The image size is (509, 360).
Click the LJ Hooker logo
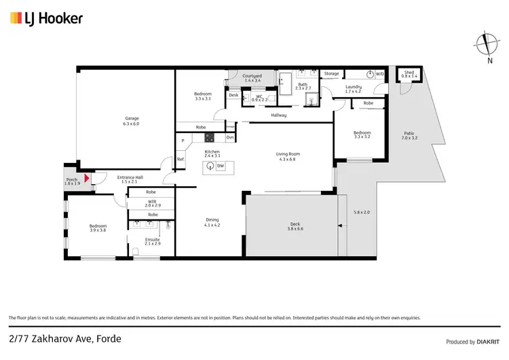(46, 18)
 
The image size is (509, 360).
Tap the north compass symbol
(485, 45)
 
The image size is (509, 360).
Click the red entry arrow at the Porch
(86, 178)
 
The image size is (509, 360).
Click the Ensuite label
(153, 241)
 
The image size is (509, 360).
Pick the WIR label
(152, 202)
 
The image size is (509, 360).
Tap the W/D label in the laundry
(379, 74)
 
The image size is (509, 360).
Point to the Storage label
(331, 73)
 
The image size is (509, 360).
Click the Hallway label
(279, 115)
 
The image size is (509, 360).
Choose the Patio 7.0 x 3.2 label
(409, 136)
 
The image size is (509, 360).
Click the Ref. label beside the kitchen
(181, 159)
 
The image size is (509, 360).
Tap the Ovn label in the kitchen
(230, 138)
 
